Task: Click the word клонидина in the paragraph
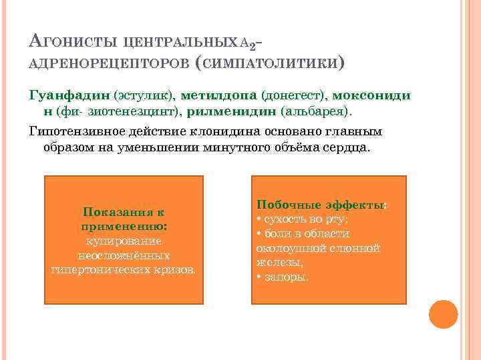coord(210,131)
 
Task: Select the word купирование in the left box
coord(124,241)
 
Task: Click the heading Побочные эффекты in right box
coord(321,205)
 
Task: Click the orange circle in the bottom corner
coord(443,314)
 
